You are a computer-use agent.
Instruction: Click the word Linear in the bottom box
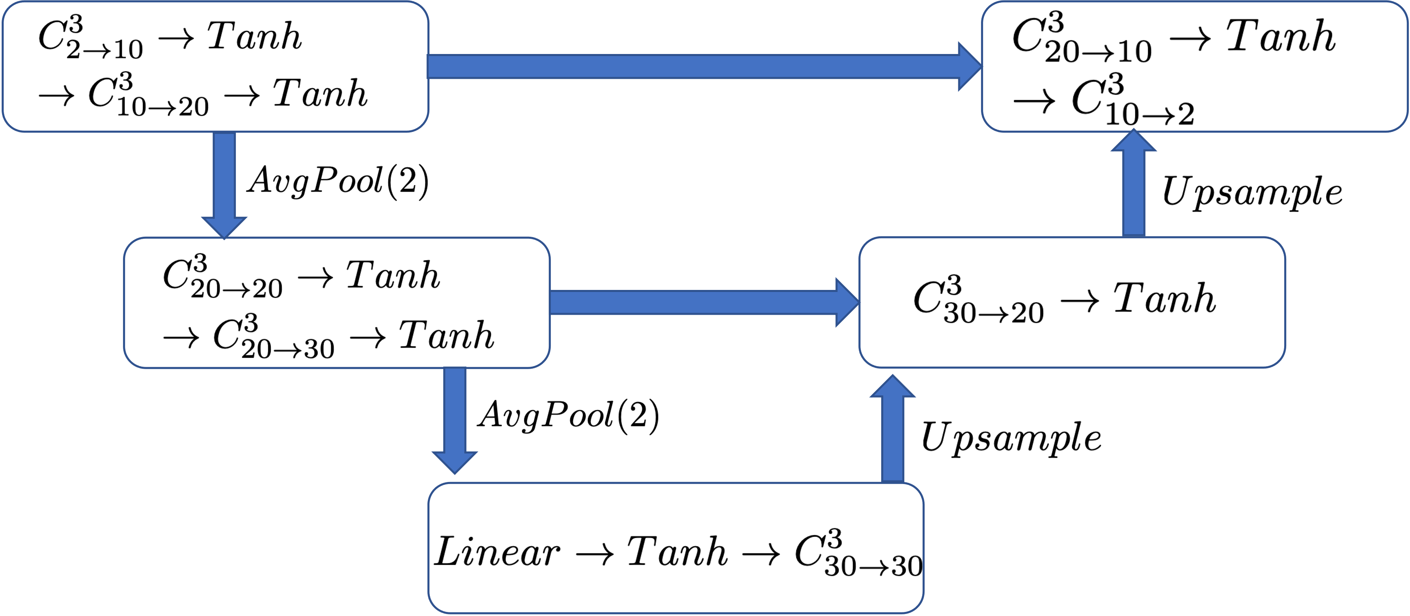(497, 552)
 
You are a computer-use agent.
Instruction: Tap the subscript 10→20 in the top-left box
(163, 107)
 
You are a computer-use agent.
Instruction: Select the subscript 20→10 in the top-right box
(1098, 52)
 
